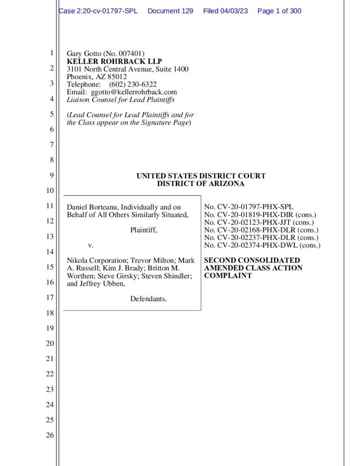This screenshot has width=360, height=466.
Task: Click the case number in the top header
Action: pos(99,11)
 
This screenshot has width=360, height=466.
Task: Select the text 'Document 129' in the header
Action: pos(170,11)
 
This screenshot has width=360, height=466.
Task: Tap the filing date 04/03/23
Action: pos(225,11)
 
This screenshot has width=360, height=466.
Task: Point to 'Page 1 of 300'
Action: pos(279,11)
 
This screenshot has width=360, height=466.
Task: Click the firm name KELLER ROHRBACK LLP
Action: pos(111,62)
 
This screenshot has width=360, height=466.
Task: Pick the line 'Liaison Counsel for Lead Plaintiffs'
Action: pos(121,99)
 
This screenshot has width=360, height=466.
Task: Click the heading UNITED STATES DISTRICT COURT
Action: pos(201,176)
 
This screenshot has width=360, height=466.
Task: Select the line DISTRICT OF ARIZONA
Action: pos(201,184)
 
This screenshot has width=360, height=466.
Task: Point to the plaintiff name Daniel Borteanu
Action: pos(93,207)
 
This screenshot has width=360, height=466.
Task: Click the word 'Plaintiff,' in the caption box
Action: pos(143,230)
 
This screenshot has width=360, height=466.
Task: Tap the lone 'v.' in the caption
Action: pos(91,245)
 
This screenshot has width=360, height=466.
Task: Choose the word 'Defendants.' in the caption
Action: pos(149,298)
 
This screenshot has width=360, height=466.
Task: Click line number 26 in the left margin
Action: pos(50,435)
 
